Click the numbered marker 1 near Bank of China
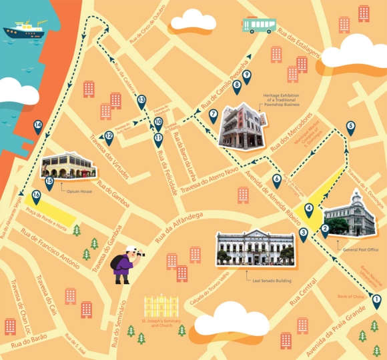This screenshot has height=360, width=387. (376, 301)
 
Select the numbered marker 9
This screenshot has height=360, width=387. (246, 76)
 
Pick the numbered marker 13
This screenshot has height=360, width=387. (141, 101)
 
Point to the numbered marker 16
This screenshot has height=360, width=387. (36, 195)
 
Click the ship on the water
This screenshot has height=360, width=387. (23, 31)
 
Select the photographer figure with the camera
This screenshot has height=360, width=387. (126, 263)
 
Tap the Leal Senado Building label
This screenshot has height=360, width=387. (269, 281)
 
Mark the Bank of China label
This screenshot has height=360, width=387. (350, 295)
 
